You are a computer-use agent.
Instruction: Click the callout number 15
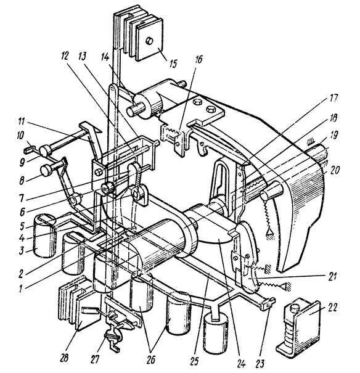[173, 64]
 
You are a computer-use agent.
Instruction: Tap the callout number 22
[332, 308]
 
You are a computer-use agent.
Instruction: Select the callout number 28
[64, 358]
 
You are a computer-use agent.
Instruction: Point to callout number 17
[333, 98]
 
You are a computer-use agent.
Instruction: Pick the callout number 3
[22, 250]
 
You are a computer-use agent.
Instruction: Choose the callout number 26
[151, 360]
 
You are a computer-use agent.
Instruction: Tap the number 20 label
[335, 170]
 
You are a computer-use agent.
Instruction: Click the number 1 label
[21, 289]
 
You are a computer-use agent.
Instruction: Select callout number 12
[64, 56]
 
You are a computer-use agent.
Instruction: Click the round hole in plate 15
[150, 42]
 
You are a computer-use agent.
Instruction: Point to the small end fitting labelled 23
[268, 304]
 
